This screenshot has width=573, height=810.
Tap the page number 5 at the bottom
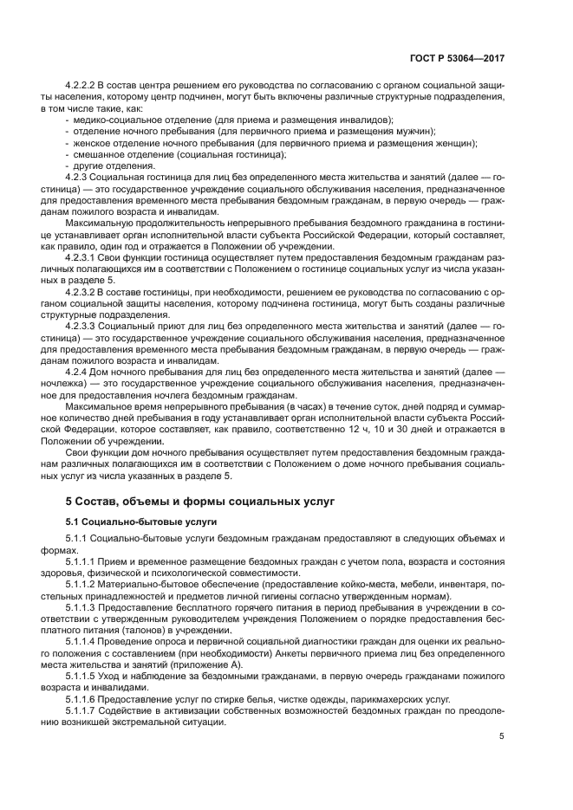[x=502, y=737]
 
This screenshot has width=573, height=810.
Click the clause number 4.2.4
[x=80, y=372]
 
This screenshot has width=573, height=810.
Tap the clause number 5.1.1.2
[x=85, y=586]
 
